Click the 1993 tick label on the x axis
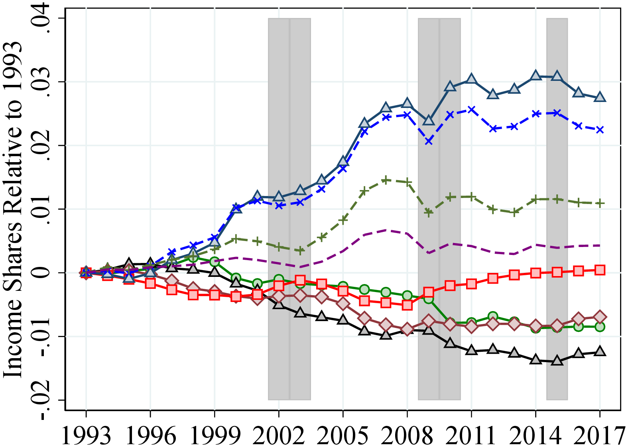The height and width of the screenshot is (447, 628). (86, 435)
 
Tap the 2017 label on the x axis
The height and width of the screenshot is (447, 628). (599, 435)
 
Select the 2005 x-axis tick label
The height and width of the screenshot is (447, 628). (343, 435)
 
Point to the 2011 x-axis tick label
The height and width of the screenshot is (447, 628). (471, 435)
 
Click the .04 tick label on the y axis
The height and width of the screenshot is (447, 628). (42, 18)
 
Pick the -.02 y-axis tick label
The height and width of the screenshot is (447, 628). (42, 400)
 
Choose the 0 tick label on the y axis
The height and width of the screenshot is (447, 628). (42, 273)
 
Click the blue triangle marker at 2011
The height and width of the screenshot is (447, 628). (471, 79)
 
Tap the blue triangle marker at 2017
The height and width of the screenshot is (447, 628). (600, 97)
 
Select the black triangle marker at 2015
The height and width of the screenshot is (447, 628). (557, 361)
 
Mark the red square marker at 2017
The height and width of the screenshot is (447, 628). (600, 270)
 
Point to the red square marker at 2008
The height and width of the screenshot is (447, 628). (407, 305)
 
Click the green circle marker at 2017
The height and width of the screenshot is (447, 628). (600, 327)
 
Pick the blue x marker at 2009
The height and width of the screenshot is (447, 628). (429, 141)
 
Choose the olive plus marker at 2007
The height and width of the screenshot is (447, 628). (386, 180)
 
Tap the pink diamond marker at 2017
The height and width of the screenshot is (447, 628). (600, 317)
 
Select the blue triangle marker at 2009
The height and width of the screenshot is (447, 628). (429, 120)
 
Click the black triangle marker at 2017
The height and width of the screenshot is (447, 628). (600, 351)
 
